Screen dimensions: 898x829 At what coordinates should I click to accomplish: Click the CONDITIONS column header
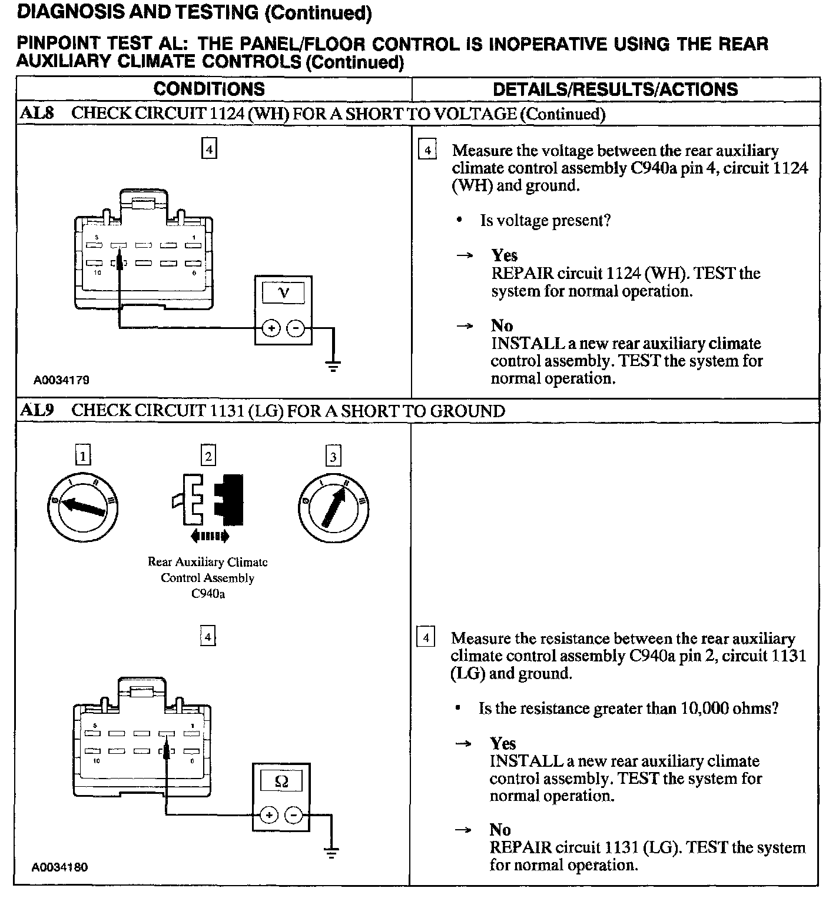tap(209, 89)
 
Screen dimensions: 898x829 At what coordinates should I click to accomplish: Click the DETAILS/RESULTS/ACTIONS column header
tap(615, 89)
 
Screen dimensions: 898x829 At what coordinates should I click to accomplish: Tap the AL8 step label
tap(37, 113)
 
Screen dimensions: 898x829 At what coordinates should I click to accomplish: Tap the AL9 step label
tap(37, 410)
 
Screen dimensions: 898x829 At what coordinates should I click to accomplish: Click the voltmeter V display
tap(283, 292)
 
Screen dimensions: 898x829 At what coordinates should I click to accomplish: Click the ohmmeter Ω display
tap(281, 781)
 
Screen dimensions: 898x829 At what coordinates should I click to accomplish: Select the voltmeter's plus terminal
tap(270, 328)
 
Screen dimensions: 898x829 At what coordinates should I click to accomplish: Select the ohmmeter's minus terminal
tap(293, 815)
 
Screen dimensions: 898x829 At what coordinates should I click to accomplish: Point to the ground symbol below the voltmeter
tap(333, 368)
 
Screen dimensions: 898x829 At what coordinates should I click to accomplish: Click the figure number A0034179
tap(61, 380)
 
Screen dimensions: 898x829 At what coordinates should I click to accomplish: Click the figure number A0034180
tap(59, 867)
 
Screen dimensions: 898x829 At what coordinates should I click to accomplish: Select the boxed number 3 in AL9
tap(333, 457)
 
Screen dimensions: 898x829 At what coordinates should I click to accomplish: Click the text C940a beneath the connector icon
tap(208, 594)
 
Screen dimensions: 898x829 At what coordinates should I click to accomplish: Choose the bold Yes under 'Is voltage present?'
tap(505, 255)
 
